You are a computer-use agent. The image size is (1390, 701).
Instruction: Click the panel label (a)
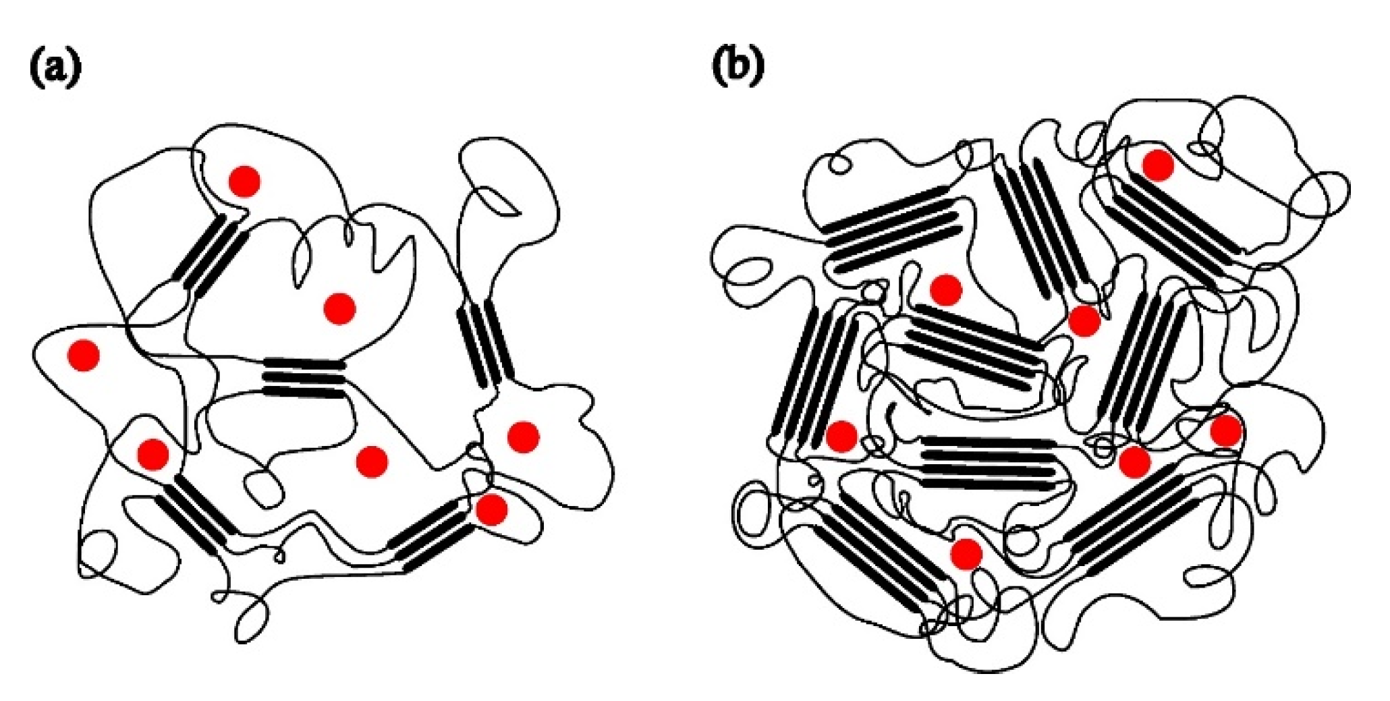(55, 68)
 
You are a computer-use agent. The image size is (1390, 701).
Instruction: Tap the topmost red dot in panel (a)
(244, 181)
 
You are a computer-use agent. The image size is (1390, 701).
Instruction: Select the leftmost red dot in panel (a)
(84, 355)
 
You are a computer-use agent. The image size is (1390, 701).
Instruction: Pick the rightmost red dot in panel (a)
(523, 437)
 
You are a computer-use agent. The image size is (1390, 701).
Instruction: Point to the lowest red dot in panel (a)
(491, 509)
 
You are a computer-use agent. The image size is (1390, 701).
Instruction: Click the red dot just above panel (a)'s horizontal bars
(339, 308)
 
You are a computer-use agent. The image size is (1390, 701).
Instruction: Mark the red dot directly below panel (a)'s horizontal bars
(371, 461)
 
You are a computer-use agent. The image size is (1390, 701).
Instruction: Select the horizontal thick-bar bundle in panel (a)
(304, 377)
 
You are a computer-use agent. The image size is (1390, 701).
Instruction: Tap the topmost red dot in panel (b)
(1158, 165)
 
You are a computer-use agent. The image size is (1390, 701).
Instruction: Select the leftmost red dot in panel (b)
(841, 436)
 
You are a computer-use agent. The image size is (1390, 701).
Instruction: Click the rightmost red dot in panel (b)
(1225, 430)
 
